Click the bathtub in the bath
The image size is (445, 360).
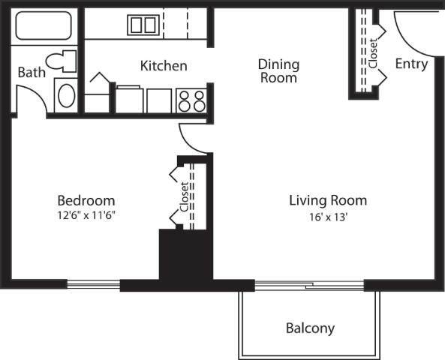point(44,25)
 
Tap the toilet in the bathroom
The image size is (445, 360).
point(62,61)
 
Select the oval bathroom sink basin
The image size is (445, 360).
point(66,95)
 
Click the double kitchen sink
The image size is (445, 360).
point(143,25)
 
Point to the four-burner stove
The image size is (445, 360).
point(191,100)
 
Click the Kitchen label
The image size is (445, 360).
point(164,66)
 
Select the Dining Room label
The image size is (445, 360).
point(278,71)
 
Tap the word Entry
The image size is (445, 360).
point(411,64)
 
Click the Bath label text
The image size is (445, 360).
point(32,72)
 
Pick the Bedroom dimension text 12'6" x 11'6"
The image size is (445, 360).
point(86,215)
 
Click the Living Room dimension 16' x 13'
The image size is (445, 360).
point(329,217)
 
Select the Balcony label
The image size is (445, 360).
point(310,328)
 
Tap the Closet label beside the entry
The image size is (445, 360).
point(373,53)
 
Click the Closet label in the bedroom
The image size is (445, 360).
point(184,197)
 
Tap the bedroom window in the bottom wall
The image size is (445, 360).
point(93,284)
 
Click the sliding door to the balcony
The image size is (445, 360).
point(309,285)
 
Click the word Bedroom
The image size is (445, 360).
point(86,200)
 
